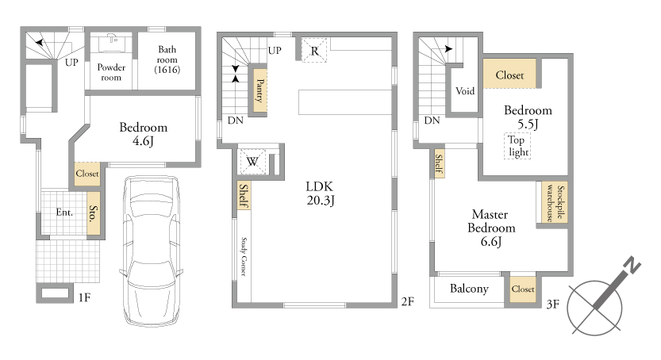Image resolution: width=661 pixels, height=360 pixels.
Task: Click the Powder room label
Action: (x=111, y=72)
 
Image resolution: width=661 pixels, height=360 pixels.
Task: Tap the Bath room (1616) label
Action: (x=167, y=59)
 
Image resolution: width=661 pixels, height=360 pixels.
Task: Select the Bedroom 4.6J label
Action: (x=144, y=134)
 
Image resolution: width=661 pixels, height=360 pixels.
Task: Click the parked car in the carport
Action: (x=152, y=251)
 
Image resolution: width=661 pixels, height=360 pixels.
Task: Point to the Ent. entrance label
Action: (x=64, y=213)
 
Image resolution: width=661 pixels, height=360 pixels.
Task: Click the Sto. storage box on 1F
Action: (x=94, y=213)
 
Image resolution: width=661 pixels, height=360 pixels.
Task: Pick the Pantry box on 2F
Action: (x=259, y=90)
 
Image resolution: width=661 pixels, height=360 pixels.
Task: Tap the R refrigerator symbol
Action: (x=314, y=51)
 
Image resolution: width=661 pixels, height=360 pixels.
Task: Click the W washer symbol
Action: (x=252, y=161)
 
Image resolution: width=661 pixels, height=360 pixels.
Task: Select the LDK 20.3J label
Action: (x=320, y=193)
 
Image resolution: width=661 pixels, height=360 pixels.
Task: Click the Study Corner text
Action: (x=244, y=256)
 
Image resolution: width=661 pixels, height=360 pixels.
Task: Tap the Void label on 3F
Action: (x=465, y=91)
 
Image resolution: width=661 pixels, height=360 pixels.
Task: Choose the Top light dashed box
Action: (x=517, y=146)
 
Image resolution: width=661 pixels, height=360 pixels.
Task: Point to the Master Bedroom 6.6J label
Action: (x=491, y=228)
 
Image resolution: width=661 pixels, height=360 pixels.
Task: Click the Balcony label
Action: (x=469, y=289)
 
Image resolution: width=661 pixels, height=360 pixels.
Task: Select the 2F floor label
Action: (x=407, y=301)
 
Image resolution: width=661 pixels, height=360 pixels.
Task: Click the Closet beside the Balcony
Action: (x=523, y=289)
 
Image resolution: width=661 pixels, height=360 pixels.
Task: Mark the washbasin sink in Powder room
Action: (x=112, y=44)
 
